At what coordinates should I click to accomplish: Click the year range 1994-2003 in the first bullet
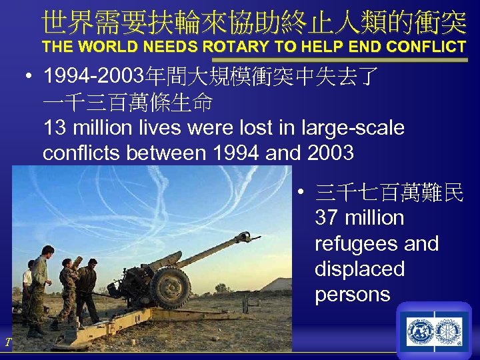coord(97,77)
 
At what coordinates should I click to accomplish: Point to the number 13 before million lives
coord(55,127)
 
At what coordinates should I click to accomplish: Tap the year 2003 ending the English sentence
coord(331,153)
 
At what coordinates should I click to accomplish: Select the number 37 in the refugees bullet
coord(326,218)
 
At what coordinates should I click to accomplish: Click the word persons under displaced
coord(352,294)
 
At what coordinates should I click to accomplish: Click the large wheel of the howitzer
coord(170,287)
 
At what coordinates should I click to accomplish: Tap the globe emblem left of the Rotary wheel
coord(420,331)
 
